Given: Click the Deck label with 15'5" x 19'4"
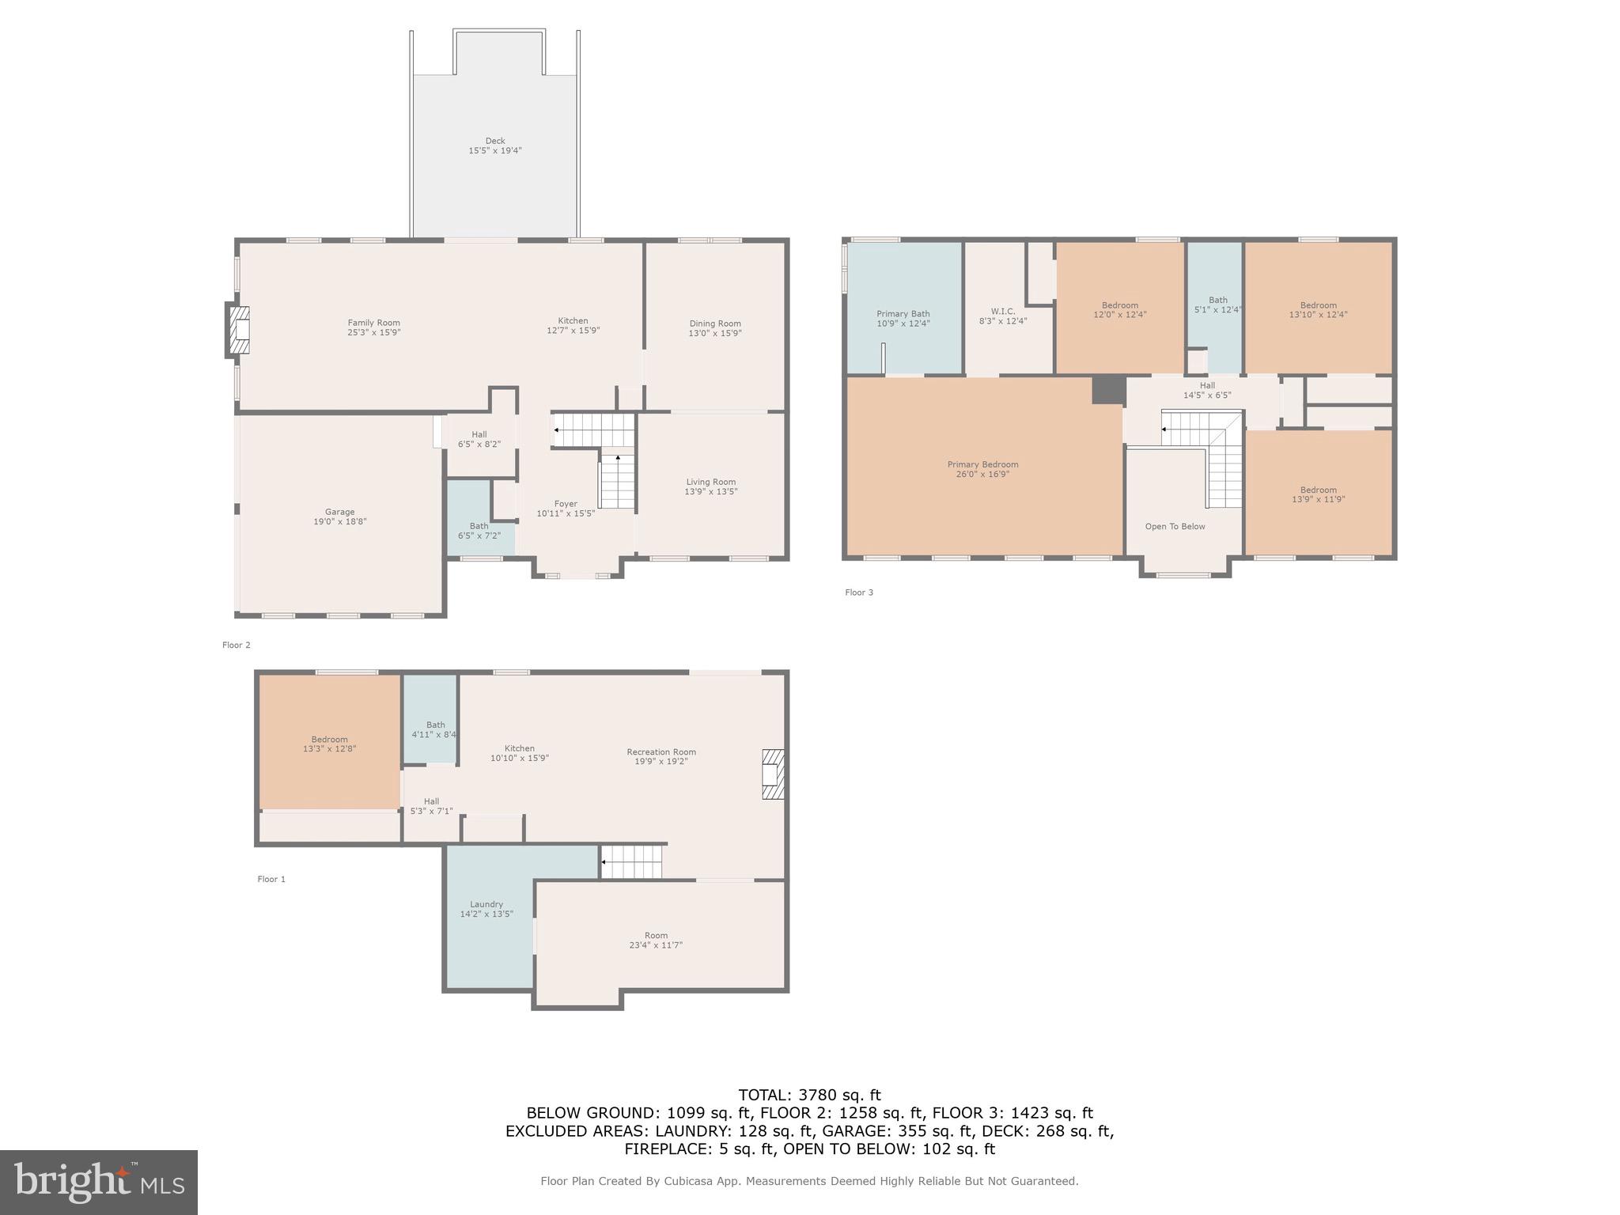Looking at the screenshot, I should point(495,146).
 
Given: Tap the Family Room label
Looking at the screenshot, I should point(373,327).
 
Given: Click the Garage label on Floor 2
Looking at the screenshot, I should point(339,517).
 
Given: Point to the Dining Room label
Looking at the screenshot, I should point(714,328).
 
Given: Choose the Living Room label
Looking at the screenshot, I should point(710,486).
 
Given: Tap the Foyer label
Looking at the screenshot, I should point(566,508).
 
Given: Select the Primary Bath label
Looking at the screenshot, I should point(903,318).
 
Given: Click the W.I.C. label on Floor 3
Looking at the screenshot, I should point(1002,316).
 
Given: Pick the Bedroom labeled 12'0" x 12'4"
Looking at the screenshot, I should point(1119,309).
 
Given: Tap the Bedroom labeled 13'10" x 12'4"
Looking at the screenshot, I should point(1318,309).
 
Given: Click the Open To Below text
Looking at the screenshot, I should point(1175,526).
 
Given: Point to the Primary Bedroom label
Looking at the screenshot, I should point(982,469).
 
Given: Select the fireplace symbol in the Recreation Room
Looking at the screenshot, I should point(772,774).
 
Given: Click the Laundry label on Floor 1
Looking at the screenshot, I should point(486,909).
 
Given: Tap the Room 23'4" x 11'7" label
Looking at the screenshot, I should point(656,940).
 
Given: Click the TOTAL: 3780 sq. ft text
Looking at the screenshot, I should point(809,1095).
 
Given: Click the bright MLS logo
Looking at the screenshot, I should point(99,1182).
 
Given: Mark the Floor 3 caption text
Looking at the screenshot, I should point(859,592).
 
